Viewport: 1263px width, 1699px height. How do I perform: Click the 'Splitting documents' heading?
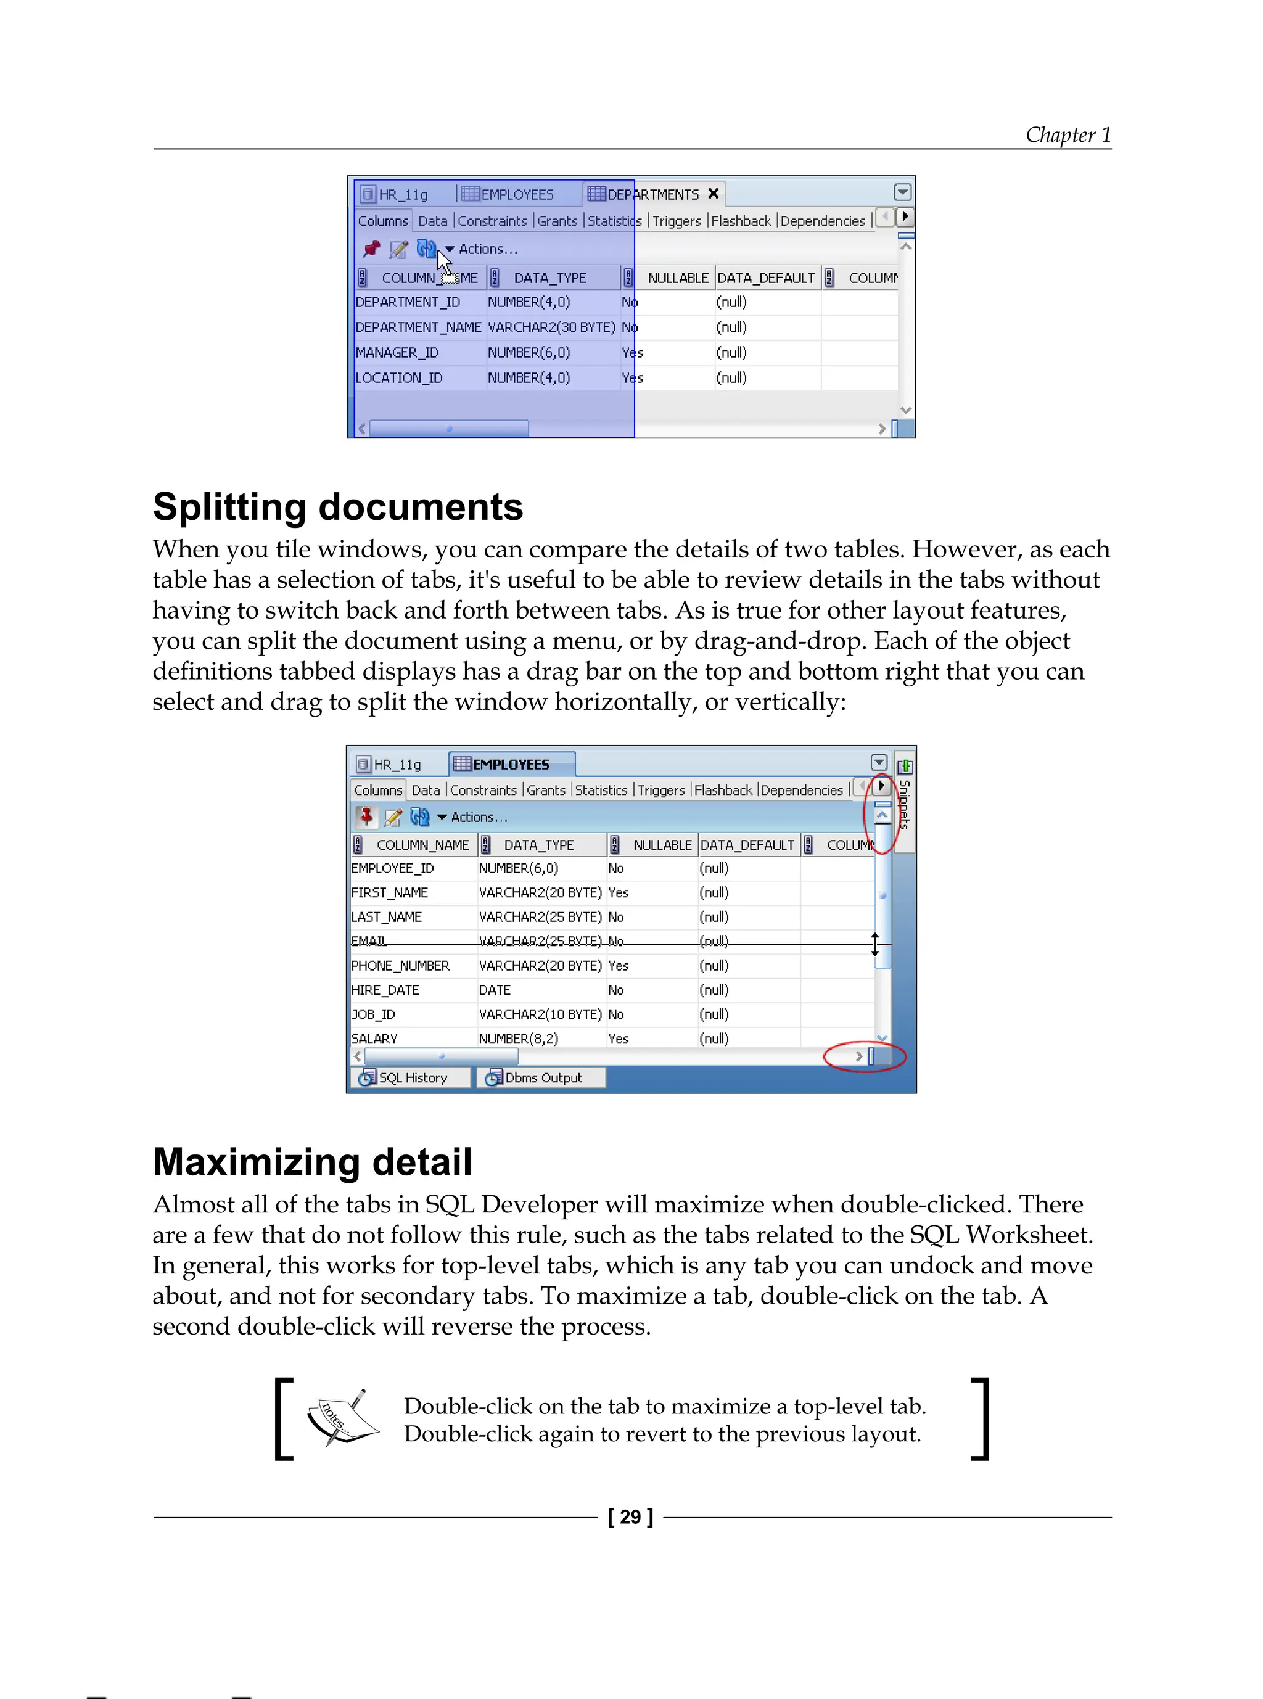tap(337, 508)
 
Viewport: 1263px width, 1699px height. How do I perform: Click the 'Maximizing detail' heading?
tap(312, 1162)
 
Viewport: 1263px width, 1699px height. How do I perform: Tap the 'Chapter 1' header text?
tap(1068, 135)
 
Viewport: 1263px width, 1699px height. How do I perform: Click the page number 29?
tap(630, 1517)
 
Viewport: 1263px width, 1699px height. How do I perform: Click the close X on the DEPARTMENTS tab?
tap(714, 194)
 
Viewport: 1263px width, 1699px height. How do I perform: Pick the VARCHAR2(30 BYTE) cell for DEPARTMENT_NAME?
tap(551, 327)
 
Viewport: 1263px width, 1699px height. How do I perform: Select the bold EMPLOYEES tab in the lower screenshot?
tap(511, 765)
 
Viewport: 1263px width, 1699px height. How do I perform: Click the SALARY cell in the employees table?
tap(374, 1039)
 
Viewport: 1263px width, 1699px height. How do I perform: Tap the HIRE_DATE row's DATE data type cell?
tap(495, 990)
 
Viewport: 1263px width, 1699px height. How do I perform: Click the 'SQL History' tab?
tap(412, 1077)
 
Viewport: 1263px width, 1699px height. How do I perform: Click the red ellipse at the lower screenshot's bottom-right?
tap(865, 1057)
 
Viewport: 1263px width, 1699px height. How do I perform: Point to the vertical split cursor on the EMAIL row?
tap(875, 944)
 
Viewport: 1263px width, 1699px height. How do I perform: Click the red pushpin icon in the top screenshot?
tap(371, 249)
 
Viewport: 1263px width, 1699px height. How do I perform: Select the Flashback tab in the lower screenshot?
tap(723, 790)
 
